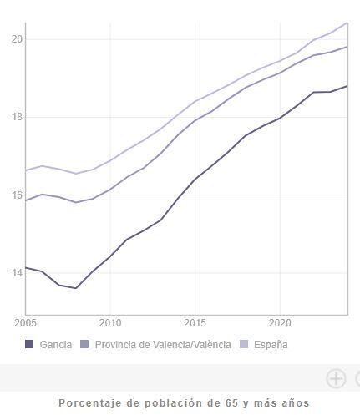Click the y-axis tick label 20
[x=17, y=39]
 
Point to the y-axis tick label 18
[x=17, y=117]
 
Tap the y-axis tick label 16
[x=17, y=195]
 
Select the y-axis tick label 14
[x=17, y=273]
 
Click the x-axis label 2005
[x=25, y=321]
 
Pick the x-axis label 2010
[x=110, y=321]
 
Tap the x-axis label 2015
[x=195, y=321]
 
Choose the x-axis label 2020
[x=280, y=321]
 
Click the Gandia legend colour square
[x=30, y=344]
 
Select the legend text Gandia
[x=56, y=344]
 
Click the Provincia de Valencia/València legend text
[x=163, y=344]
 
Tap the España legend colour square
[x=245, y=344]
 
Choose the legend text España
[x=271, y=344]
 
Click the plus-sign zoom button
[x=336, y=378]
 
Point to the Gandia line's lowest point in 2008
[x=76, y=288]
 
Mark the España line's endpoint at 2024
[x=347, y=23]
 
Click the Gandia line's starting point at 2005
[x=26, y=267]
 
